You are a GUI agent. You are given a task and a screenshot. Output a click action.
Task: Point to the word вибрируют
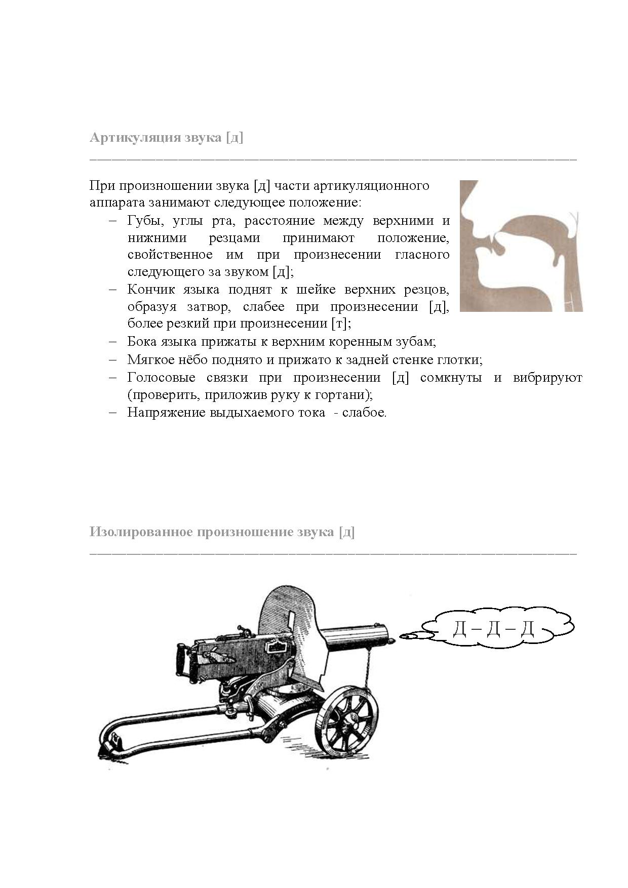[547, 378]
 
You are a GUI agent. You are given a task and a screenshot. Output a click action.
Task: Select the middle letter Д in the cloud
[494, 629]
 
